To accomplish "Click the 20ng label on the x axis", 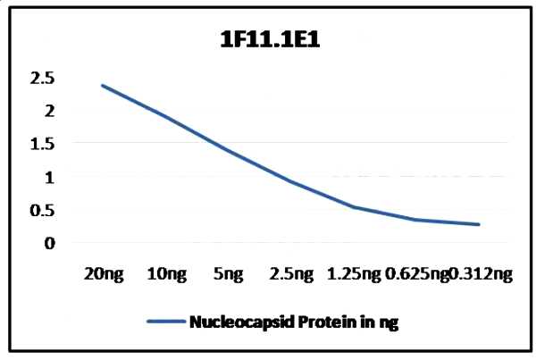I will [100, 275].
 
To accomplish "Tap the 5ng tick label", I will [227, 275].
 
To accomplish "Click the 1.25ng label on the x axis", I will [355, 275].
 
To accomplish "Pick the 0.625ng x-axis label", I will [416, 275].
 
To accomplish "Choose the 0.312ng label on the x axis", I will [482, 275].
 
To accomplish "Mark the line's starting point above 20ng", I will [101, 85].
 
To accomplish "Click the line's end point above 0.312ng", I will [480, 224].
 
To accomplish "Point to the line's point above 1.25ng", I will [354, 207].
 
